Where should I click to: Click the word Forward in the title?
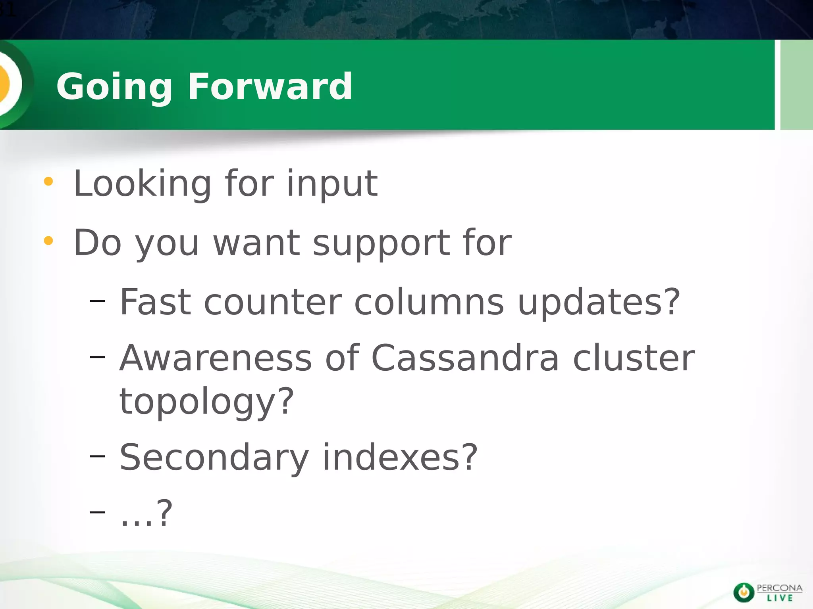[x=270, y=86]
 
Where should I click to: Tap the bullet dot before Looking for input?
[x=48, y=182]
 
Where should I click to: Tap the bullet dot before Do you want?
[x=48, y=241]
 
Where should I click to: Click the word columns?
[x=429, y=302]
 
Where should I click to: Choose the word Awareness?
[x=216, y=358]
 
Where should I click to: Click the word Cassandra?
[x=465, y=358]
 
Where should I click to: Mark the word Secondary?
[x=214, y=458]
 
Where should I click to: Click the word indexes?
[x=400, y=458]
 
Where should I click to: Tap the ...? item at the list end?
[x=146, y=514]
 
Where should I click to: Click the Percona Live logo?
[x=767, y=592]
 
